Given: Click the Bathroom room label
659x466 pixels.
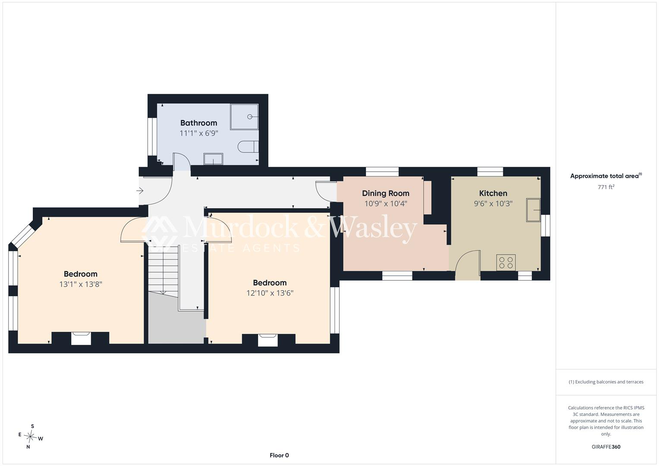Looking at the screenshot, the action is coord(199,123).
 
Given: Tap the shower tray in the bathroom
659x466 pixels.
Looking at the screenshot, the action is coord(244,117).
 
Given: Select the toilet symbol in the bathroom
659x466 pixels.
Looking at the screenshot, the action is coord(248,147).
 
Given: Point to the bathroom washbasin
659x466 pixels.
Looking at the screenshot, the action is coord(213,159).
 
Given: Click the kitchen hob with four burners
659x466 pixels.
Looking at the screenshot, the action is coord(506,262).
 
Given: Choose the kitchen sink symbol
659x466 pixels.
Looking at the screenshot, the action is coord(533,210).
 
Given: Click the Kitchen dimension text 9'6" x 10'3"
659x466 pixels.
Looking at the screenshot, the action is coord(493,204).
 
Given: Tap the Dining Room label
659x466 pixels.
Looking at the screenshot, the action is coord(386,193).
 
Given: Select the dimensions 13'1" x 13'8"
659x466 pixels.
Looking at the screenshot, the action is coord(81,284).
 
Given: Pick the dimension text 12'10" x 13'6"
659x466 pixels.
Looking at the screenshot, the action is coord(270,293).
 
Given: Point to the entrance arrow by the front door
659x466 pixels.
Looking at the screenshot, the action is coord(140,191).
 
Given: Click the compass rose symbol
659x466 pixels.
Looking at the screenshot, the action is coord(30,437).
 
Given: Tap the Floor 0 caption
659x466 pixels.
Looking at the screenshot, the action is coord(279,455).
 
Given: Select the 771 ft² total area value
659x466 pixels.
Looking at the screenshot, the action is coord(606,187).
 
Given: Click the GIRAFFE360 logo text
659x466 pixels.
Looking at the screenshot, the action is coord(606,447).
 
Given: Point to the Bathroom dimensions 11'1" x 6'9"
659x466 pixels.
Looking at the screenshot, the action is coord(199,133).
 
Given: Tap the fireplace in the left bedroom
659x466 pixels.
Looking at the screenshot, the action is coord(81,338).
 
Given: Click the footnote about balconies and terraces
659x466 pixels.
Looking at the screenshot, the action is coord(606,382).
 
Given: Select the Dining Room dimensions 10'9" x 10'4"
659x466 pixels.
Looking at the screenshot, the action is coord(386,204).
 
